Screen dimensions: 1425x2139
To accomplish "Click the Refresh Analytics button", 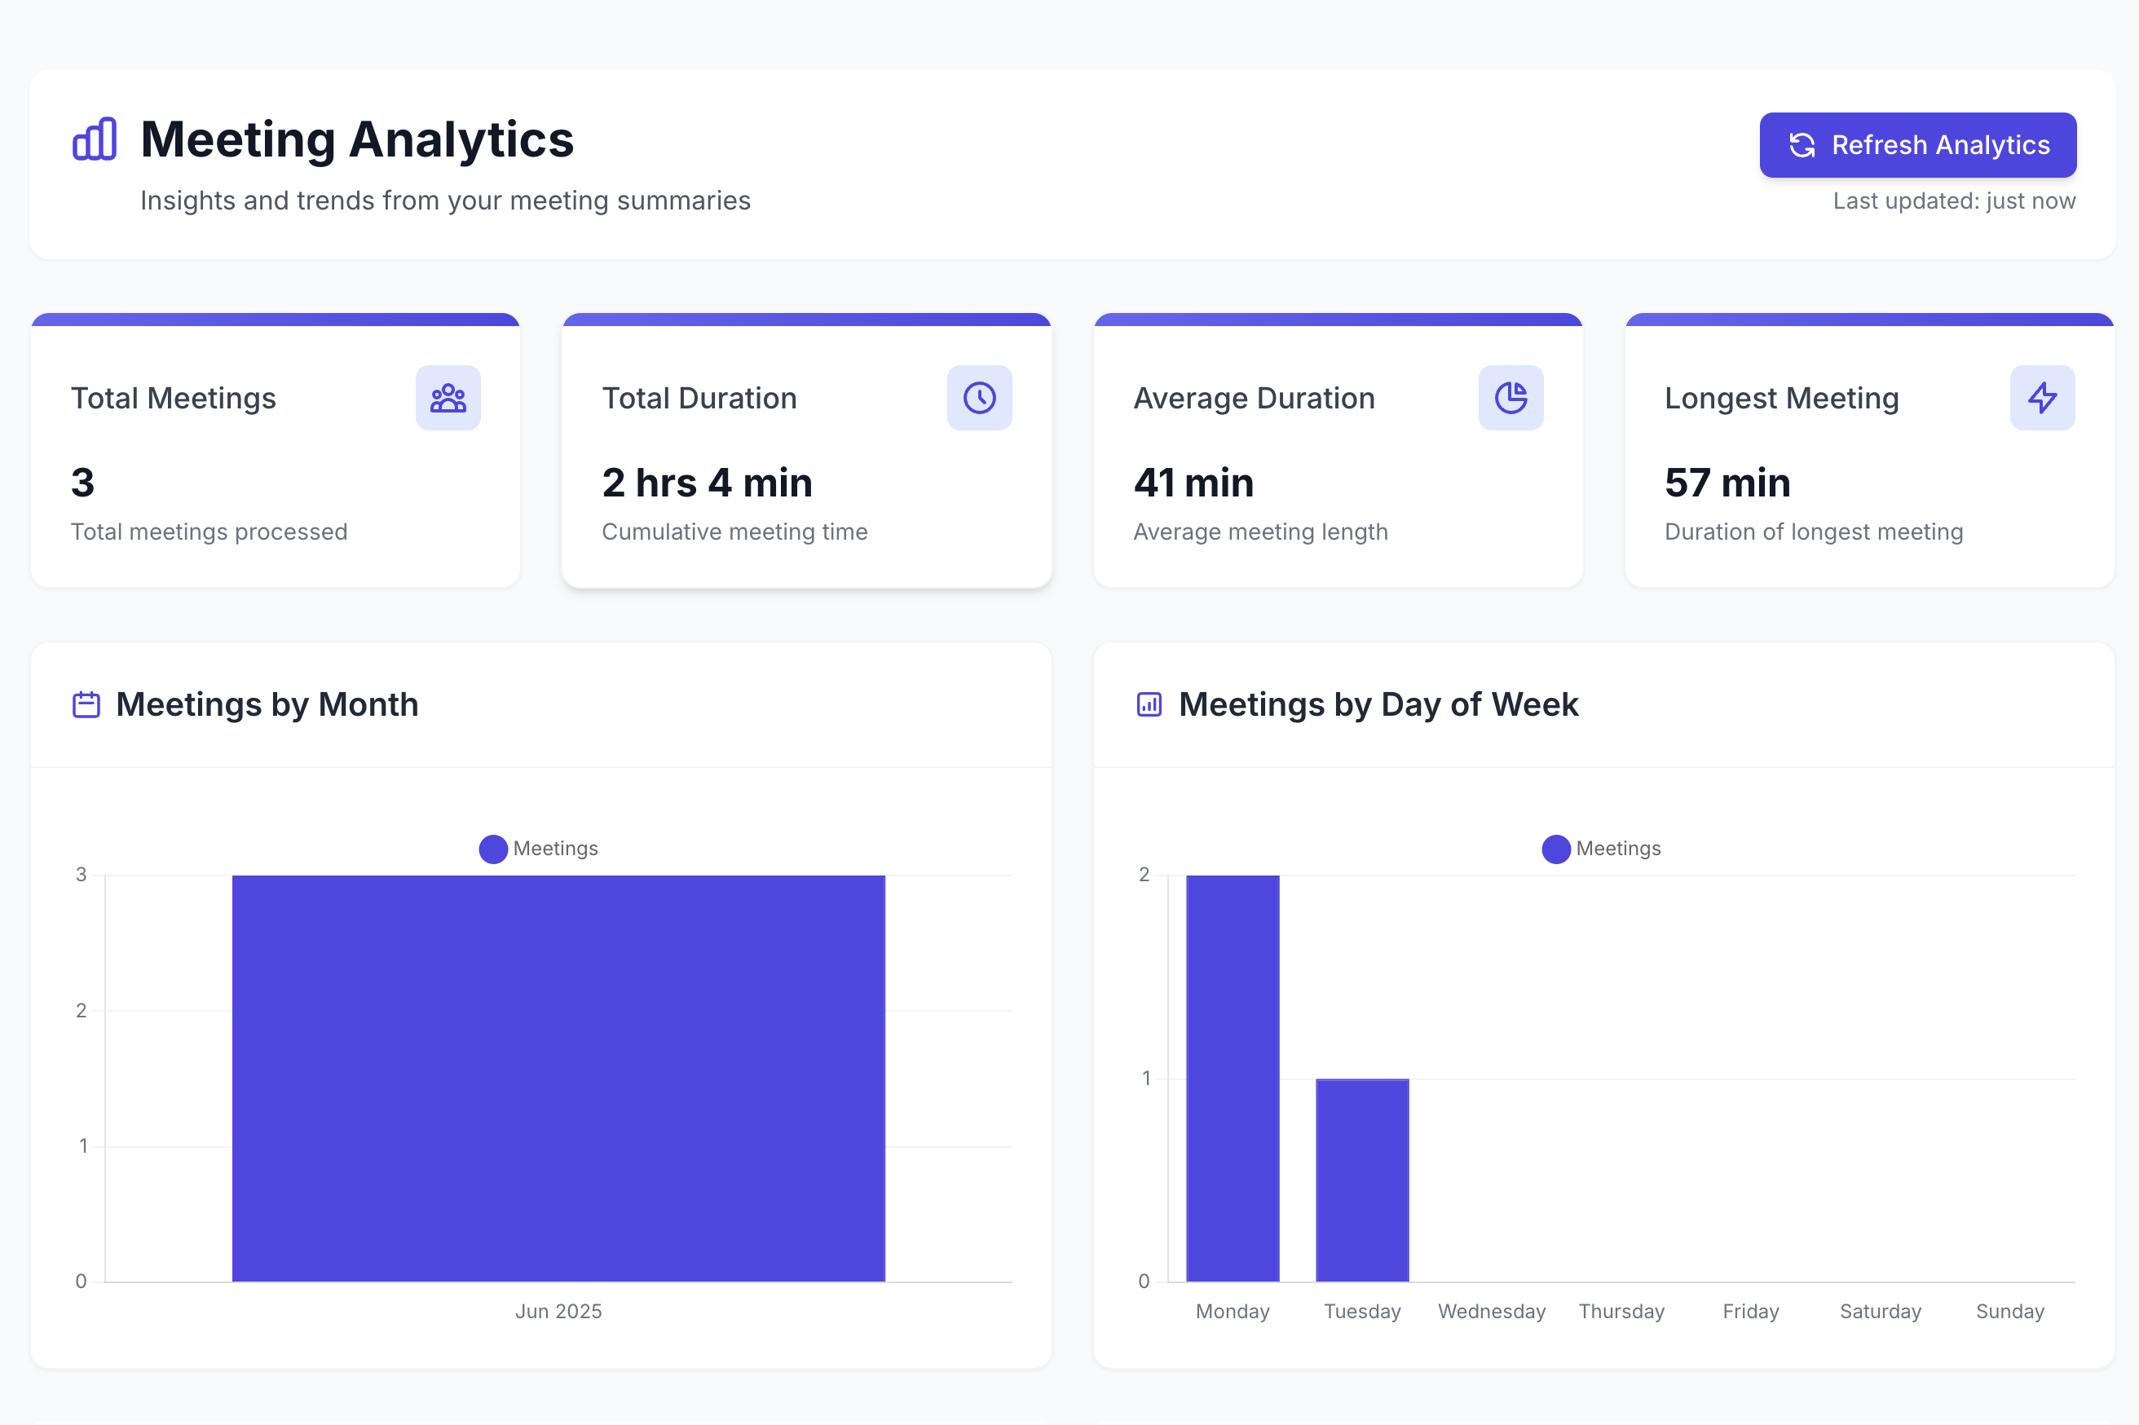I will (x=1917, y=144).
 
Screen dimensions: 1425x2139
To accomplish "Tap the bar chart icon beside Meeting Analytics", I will (x=95, y=139).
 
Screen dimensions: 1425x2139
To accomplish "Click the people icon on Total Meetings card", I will (x=448, y=398).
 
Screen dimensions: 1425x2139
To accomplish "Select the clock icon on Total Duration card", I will (x=979, y=398).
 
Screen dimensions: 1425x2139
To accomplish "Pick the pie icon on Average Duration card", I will (x=1511, y=398).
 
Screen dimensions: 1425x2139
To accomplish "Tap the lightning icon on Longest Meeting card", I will (x=2042, y=398).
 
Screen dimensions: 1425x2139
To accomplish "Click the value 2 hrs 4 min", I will (x=707, y=483).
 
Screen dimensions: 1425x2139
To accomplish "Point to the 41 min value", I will (x=1193, y=483).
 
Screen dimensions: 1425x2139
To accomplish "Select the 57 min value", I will (x=1727, y=483).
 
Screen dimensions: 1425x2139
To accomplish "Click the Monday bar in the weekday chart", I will (x=1233, y=1078).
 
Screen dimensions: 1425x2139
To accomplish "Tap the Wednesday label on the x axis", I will (x=1491, y=1312).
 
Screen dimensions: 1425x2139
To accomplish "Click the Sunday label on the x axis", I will (x=2009, y=1312).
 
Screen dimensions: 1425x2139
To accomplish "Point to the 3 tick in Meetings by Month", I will (x=82, y=874).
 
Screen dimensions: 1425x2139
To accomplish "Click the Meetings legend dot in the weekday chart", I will (x=1555, y=849).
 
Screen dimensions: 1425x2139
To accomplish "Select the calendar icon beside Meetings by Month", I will (x=86, y=704).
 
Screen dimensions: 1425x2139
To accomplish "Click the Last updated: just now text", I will (x=1954, y=201).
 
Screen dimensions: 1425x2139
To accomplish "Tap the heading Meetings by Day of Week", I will (x=1378, y=704).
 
